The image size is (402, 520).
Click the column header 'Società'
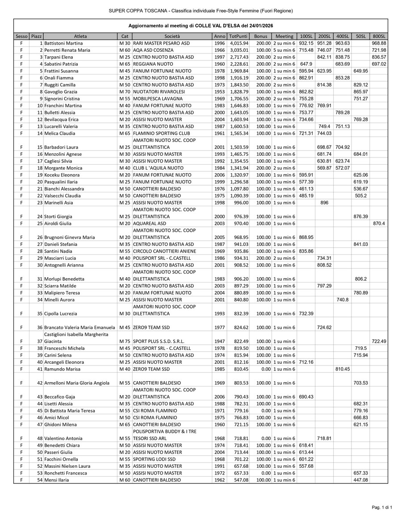pyautogui.click(x=172, y=36)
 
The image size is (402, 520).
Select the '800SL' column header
pyautogui.click(x=379, y=36)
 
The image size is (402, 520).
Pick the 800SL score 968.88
pyautogui.click(x=379, y=43)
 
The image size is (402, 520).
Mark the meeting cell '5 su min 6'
pyautogui.click(x=284, y=50)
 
